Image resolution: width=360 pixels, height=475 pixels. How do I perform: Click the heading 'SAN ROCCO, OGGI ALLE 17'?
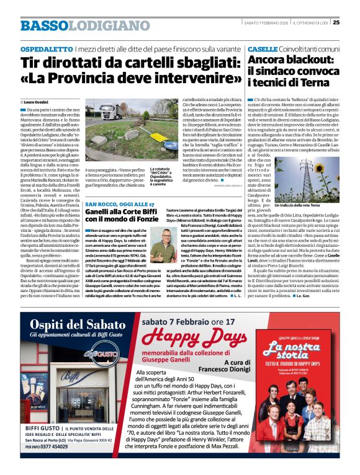tap(120, 204)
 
